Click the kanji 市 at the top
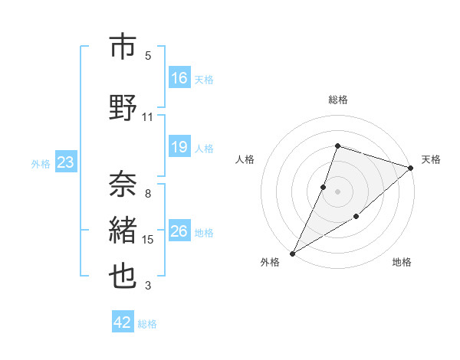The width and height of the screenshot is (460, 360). tap(123, 47)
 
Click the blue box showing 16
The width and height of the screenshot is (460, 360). tap(179, 78)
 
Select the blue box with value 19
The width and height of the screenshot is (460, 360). tap(179, 147)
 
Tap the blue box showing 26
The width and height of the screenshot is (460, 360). tap(179, 231)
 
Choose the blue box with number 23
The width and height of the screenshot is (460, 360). tap(65, 162)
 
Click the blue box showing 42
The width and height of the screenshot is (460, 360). tap(123, 322)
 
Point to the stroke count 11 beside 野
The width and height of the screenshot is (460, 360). tap(148, 117)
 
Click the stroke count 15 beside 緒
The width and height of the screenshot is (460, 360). tap(148, 240)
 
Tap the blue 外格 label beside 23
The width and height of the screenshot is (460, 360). tap(41, 163)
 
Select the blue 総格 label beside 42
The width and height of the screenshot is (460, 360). tap(147, 324)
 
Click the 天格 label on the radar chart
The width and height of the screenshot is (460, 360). tap(431, 159)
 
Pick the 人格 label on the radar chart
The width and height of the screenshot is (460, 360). tap(245, 159)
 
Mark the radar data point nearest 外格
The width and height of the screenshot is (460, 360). tap(292, 253)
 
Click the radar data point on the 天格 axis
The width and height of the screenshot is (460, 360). tap(411, 168)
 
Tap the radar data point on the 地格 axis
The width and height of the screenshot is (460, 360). tap(356, 218)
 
